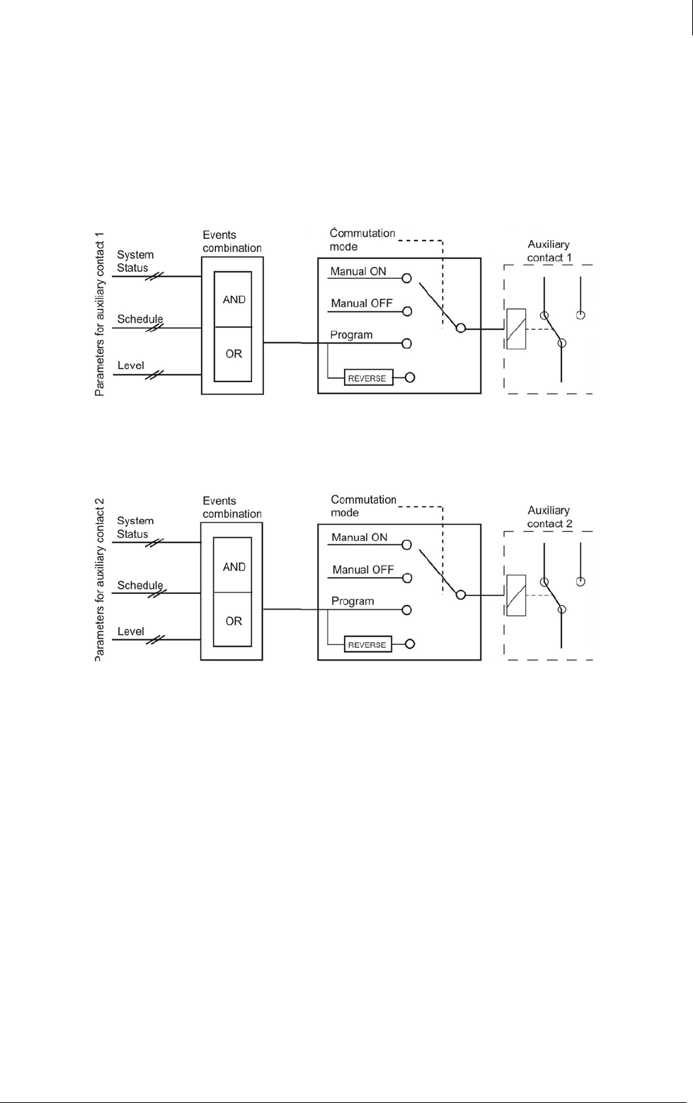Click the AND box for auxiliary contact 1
click(x=234, y=299)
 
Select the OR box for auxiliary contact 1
click(x=234, y=354)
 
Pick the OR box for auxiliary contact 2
click(x=233, y=620)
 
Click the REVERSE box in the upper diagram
click(x=368, y=378)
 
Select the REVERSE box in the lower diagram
click(x=367, y=644)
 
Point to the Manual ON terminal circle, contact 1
click(x=406, y=278)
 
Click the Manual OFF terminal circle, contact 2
click(x=407, y=578)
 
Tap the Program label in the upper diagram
click(x=351, y=335)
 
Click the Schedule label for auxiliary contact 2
click(x=140, y=585)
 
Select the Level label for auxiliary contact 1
click(x=131, y=365)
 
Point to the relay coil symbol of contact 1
click(x=516, y=329)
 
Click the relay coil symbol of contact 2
click(x=516, y=595)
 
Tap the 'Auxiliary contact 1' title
click(x=549, y=251)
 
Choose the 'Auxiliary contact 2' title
click(x=549, y=517)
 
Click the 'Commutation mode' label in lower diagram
click(x=362, y=505)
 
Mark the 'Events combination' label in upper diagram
click(x=231, y=241)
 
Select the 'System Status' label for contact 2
click(x=134, y=527)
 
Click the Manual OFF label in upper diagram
click(x=361, y=303)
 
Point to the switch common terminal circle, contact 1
click(x=460, y=328)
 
